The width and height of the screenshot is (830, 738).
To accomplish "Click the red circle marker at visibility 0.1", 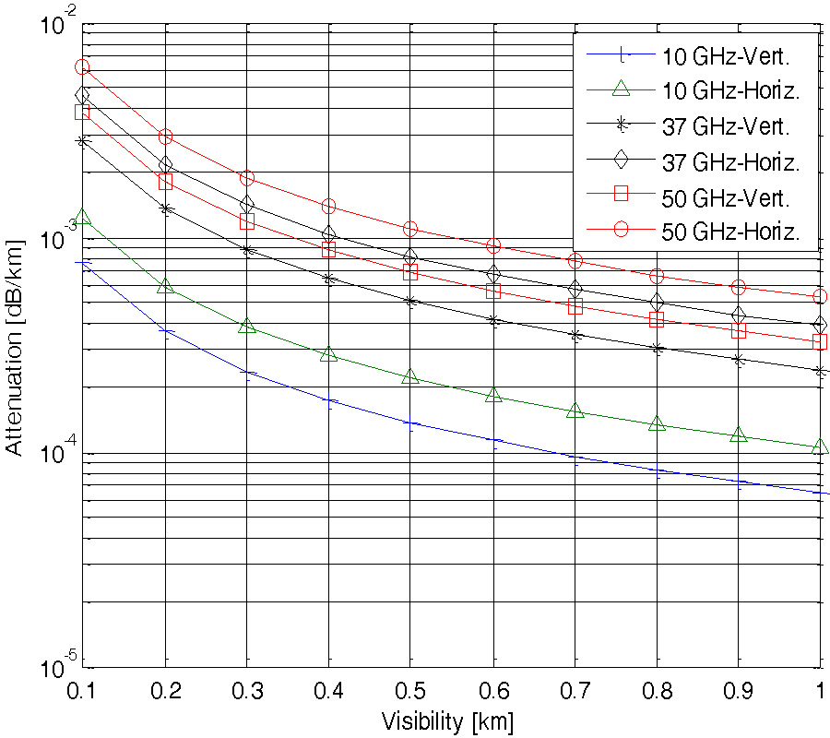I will (x=82, y=66).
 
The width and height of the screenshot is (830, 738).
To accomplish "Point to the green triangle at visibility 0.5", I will (x=410, y=376).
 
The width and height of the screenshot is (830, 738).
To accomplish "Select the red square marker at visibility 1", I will (x=820, y=342).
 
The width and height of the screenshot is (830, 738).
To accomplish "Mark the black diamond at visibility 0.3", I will (x=246, y=204).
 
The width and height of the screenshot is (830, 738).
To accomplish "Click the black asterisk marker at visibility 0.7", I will (x=575, y=336).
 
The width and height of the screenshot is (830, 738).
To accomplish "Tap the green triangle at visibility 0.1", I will (x=82, y=218).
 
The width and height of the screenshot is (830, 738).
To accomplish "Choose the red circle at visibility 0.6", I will (x=492, y=245).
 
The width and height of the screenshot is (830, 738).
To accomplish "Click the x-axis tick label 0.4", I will (x=328, y=690).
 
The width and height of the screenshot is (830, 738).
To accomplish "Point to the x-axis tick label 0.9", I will (x=738, y=690).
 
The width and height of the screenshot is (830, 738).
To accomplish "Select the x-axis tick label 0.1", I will (x=82, y=690).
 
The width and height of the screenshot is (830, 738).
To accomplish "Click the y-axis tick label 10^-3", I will (x=51, y=235).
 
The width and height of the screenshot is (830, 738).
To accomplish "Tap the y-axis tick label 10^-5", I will (x=51, y=664).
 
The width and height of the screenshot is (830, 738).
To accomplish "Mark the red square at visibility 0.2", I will (x=165, y=182).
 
